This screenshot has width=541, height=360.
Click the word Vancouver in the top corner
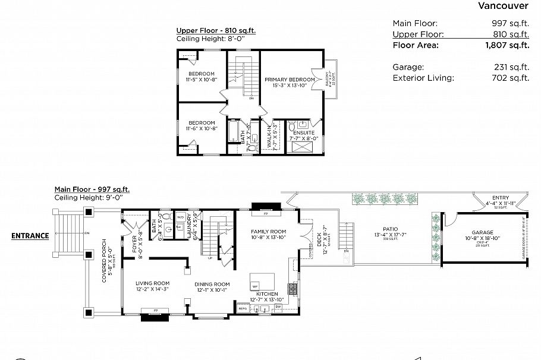503,6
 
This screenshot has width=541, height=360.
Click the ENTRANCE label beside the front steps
30,236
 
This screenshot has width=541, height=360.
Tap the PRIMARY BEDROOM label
290,79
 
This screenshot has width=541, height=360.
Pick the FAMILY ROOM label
268,231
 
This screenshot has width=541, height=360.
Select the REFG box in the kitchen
243,309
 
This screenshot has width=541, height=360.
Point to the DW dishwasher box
286,307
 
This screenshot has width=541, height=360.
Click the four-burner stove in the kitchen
293,289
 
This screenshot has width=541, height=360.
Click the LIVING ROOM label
153,283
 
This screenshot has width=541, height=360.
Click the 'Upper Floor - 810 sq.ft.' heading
216,30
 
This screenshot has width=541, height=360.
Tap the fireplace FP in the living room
155,311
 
